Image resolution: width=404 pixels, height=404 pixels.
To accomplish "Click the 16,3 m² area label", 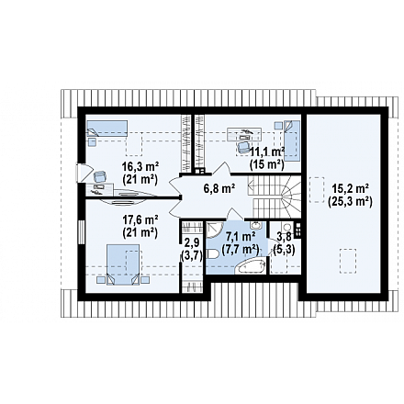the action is [140, 167].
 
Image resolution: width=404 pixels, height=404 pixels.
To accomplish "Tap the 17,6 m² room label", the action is [140, 220].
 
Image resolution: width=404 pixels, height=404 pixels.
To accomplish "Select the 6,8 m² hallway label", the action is [219, 188].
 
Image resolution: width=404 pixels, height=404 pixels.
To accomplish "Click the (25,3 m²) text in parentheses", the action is [350, 202].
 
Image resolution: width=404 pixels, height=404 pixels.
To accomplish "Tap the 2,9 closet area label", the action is [192, 242].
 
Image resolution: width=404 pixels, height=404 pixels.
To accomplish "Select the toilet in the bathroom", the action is [212, 253].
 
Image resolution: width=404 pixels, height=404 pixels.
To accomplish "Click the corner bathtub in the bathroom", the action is [251, 266].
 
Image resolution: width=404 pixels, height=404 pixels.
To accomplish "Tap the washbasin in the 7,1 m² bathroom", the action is [255, 226].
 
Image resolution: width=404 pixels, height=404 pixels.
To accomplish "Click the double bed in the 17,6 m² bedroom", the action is [123, 264].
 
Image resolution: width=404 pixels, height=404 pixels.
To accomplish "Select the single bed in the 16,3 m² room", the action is [107, 129].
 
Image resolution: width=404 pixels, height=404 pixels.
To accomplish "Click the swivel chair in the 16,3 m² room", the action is [100, 176].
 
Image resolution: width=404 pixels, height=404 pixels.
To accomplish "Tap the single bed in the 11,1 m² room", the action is [292, 140].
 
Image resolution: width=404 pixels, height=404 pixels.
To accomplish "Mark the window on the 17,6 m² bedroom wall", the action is [81, 232].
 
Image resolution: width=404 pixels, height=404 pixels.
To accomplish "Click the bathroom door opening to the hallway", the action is [235, 214].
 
